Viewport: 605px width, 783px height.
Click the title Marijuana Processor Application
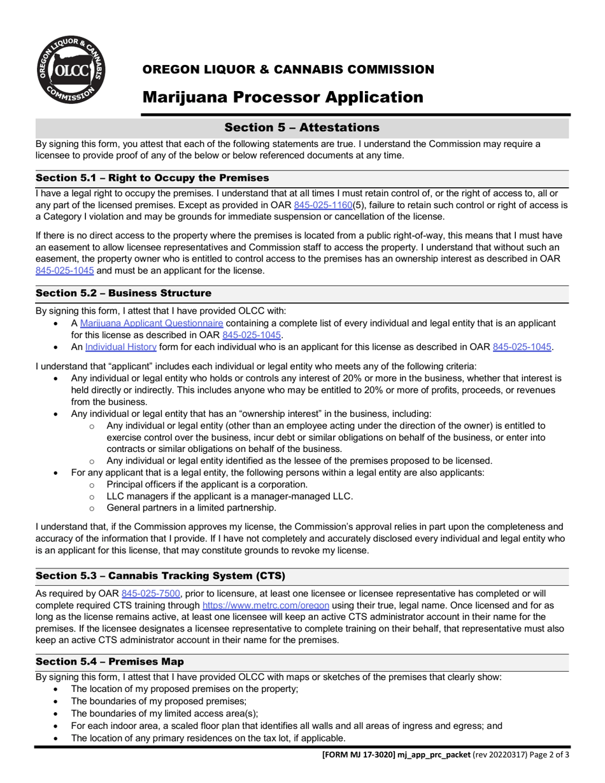click(282, 97)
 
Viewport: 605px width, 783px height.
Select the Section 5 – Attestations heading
click(302, 127)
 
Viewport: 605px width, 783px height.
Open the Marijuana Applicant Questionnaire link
click(152, 323)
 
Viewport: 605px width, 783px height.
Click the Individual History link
click(121, 347)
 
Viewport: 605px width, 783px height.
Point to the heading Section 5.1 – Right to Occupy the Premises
click(152, 178)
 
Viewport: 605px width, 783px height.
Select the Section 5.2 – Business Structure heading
click(123, 293)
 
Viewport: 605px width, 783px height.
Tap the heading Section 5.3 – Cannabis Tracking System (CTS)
click(160, 575)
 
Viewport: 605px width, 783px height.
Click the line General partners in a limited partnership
click(191, 507)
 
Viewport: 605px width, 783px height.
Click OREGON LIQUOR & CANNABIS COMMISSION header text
click(288, 69)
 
